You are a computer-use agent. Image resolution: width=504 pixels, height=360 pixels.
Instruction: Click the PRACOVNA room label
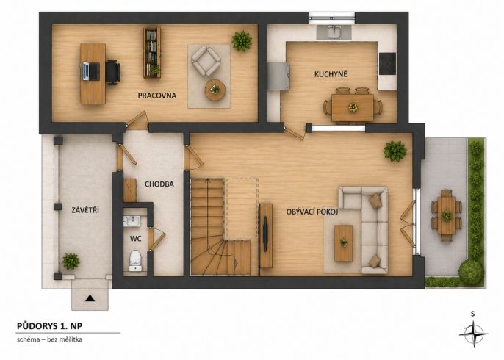[x=157, y=96]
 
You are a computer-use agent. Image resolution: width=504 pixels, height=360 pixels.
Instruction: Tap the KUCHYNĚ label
[x=331, y=74]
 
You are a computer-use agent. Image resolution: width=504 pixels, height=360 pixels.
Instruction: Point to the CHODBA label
[x=159, y=184]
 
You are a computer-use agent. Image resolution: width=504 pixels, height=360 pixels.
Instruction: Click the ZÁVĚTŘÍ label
[x=85, y=210]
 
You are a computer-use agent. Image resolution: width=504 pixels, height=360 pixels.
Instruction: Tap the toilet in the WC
[x=135, y=261]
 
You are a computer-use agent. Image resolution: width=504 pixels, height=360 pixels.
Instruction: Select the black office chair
[x=113, y=72]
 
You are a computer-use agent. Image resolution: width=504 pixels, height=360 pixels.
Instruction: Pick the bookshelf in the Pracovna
[x=152, y=52]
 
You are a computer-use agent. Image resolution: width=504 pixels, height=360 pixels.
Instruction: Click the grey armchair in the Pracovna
[x=206, y=61]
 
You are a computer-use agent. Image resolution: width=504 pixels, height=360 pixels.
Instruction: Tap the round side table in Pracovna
[x=215, y=90]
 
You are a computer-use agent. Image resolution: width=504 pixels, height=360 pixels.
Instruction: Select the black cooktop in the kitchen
[x=387, y=64]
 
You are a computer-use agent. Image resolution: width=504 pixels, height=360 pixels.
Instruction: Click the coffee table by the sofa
[x=344, y=243]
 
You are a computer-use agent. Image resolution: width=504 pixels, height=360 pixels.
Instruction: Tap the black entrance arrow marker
[x=90, y=298]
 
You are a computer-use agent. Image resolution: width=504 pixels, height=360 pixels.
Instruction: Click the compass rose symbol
[x=473, y=334]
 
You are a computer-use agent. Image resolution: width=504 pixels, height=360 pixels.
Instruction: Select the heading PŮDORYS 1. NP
[x=49, y=326]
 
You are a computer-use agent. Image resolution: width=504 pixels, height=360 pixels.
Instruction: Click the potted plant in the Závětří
[x=71, y=261]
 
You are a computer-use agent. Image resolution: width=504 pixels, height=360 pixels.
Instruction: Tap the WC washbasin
[x=132, y=221]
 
